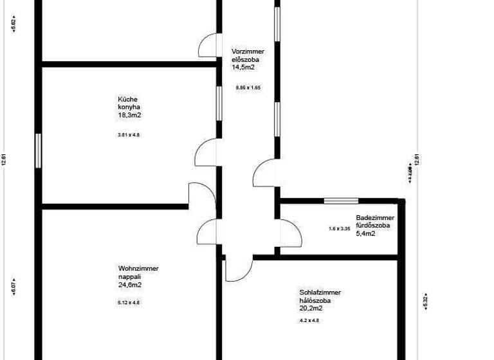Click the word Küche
[127, 100]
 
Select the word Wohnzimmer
[138, 269]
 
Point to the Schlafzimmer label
[320, 292]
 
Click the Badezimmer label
[372, 218]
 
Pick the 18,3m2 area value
[129, 115]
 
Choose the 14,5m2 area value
[244, 67]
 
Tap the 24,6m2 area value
[130, 284]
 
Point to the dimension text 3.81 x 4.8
[129, 135]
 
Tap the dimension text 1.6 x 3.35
[339, 229]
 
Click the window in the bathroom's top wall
[341, 201]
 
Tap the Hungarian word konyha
[129, 107]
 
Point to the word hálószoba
[315, 300]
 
